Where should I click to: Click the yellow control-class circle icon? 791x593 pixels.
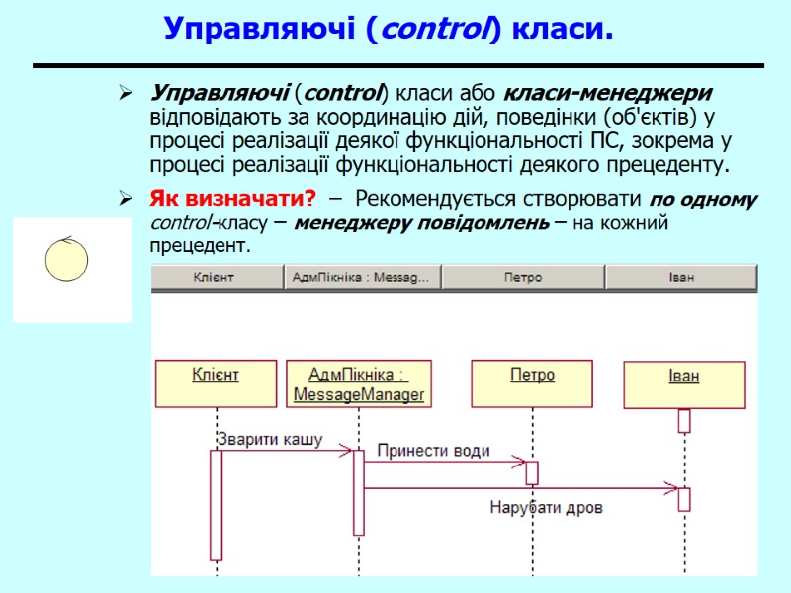[x=67, y=260]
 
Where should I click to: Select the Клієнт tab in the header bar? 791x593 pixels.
[x=216, y=278]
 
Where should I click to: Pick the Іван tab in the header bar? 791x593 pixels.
[x=681, y=278]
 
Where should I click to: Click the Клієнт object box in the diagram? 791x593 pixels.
[x=215, y=383]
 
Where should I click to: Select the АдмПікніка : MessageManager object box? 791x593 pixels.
[x=359, y=384]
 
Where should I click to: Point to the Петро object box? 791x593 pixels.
[x=532, y=383]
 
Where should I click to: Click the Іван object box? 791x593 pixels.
[x=683, y=384]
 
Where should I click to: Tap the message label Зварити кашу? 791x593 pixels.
[x=269, y=439]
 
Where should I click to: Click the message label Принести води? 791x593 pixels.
[x=433, y=451]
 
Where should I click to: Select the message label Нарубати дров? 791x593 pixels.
[x=547, y=508]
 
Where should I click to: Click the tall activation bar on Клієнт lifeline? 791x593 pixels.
[x=216, y=504]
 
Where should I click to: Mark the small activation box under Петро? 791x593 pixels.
[x=532, y=472]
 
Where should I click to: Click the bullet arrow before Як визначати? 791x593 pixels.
[x=126, y=199]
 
